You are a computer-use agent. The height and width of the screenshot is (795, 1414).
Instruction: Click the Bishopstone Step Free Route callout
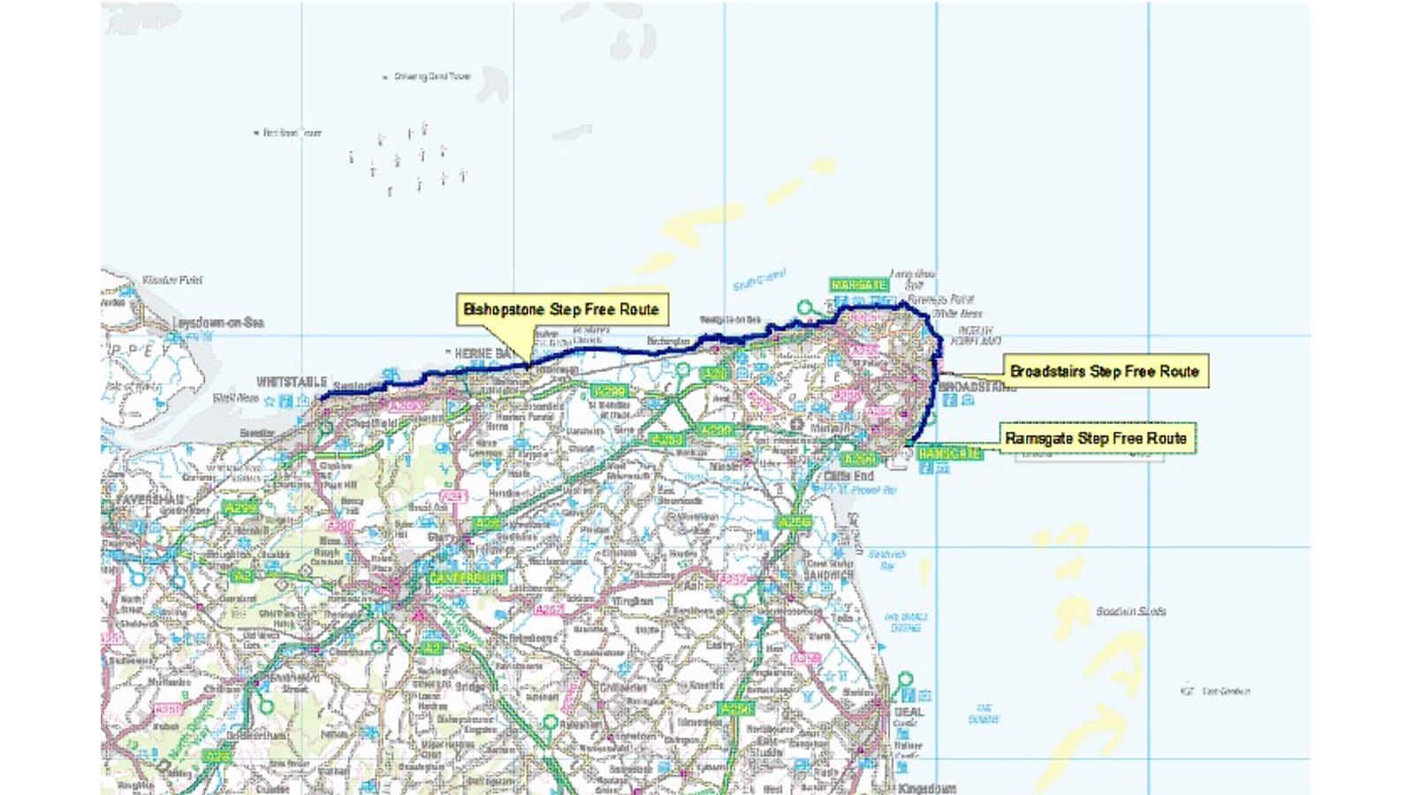[x=561, y=309]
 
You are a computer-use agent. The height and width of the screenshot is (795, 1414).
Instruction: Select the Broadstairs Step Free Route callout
[x=1105, y=371]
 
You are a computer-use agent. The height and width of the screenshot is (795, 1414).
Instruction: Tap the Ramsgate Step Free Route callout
[x=1096, y=438]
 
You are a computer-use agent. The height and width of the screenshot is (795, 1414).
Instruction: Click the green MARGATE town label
[x=859, y=285]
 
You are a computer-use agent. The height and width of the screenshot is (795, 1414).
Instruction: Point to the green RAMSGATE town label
[x=949, y=453]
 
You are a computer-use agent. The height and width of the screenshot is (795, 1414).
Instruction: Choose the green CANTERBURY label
[x=468, y=578]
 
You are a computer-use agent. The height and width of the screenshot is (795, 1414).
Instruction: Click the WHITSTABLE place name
[x=292, y=382]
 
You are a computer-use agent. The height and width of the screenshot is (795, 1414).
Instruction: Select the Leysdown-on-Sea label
[x=218, y=322]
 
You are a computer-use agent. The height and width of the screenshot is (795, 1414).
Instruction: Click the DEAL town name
[x=909, y=711]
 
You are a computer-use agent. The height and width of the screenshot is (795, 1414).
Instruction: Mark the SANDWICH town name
[x=828, y=574]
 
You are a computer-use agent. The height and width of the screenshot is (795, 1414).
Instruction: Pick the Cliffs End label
[x=849, y=476]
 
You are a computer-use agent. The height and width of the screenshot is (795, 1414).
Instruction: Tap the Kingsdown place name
[x=927, y=788]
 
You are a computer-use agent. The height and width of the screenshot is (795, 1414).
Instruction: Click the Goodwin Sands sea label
[x=1130, y=611]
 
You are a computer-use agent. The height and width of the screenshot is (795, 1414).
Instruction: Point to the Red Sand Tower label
[x=293, y=132]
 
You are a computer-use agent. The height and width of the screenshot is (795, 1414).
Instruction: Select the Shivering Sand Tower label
[x=432, y=77]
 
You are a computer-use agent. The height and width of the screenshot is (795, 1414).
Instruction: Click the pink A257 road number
[x=733, y=580]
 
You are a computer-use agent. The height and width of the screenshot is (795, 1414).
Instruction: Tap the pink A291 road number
[x=452, y=496]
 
